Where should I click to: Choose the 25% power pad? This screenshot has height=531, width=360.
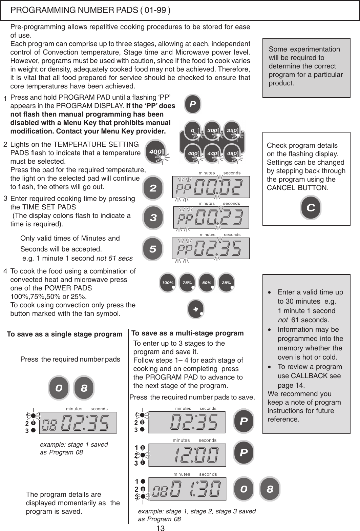(x=226, y=283)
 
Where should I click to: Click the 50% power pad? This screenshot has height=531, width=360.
(x=207, y=283)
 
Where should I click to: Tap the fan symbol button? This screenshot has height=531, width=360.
(x=196, y=310)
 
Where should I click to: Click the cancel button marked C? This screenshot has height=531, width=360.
(x=311, y=207)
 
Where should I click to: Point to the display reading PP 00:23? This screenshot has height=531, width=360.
(x=211, y=218)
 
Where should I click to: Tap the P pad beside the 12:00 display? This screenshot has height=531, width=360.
(x=243, y=453)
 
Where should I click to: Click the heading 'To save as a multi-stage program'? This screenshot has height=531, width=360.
(x=187, y=333)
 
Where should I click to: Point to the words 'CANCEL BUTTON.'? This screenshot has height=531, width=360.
(x=298, y=188)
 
